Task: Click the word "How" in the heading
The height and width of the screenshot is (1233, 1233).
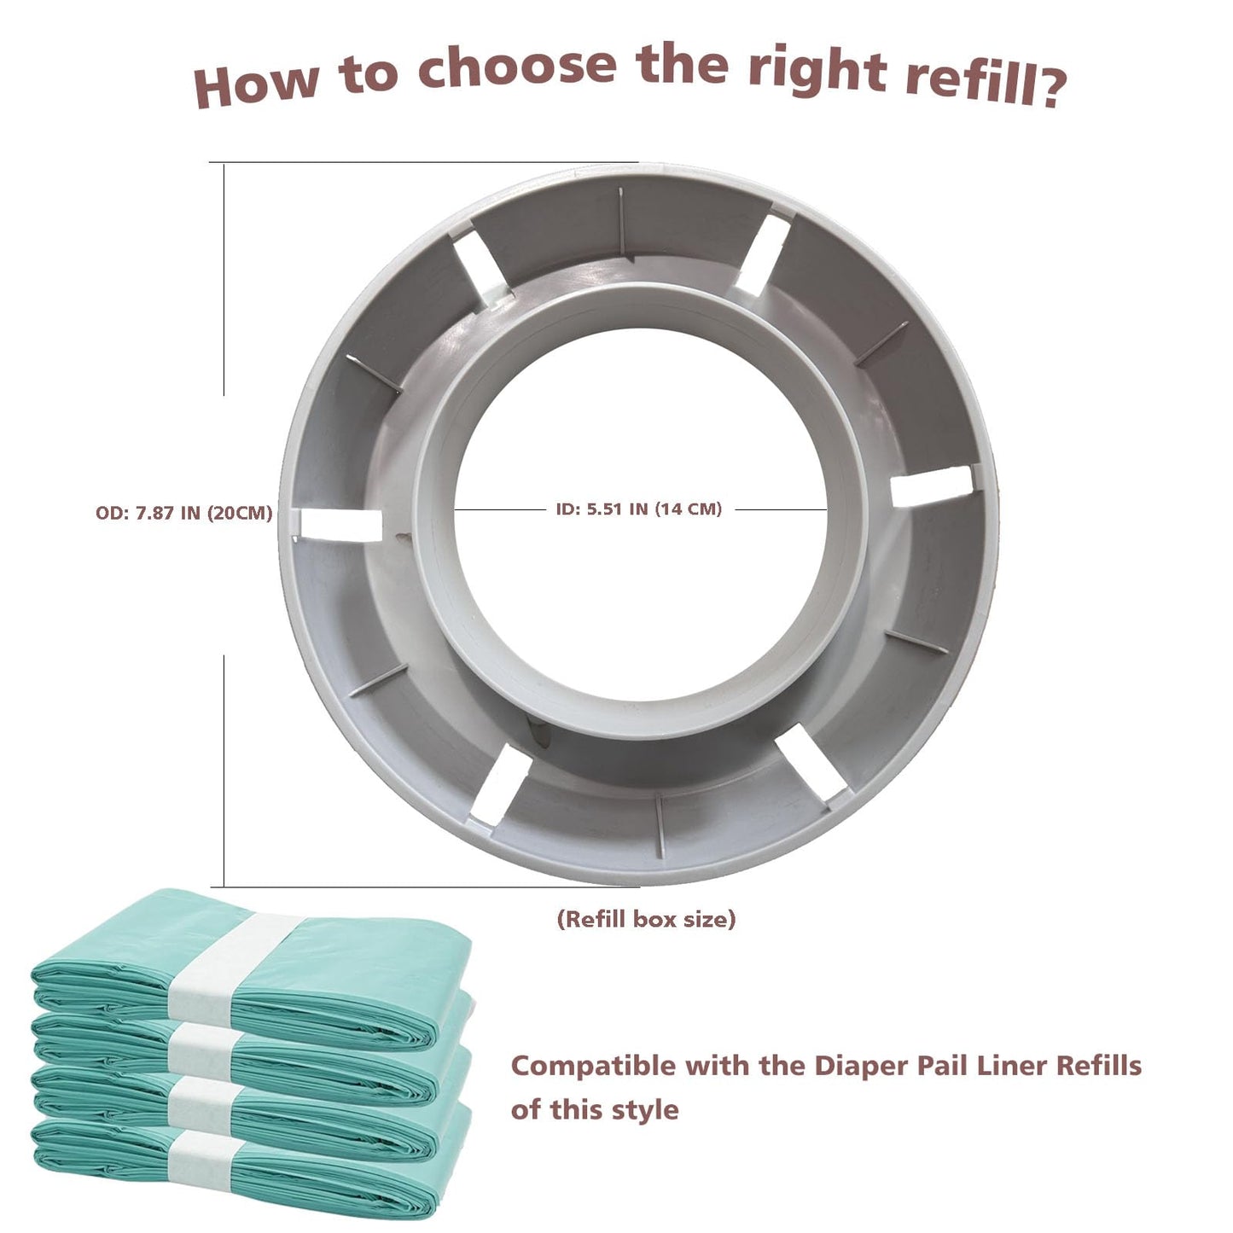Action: pos(256,83)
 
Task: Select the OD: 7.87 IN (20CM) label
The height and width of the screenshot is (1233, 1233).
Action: pos(184,513)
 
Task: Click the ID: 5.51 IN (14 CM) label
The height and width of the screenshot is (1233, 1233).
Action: pos(638,509)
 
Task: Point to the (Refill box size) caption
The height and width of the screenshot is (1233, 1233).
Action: pos(646,919)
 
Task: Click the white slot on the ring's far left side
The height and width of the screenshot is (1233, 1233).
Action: pos(340,523)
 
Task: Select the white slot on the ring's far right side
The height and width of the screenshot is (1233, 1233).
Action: pos(932,486)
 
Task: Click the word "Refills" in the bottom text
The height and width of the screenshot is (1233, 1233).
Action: pos(1099,1066)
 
